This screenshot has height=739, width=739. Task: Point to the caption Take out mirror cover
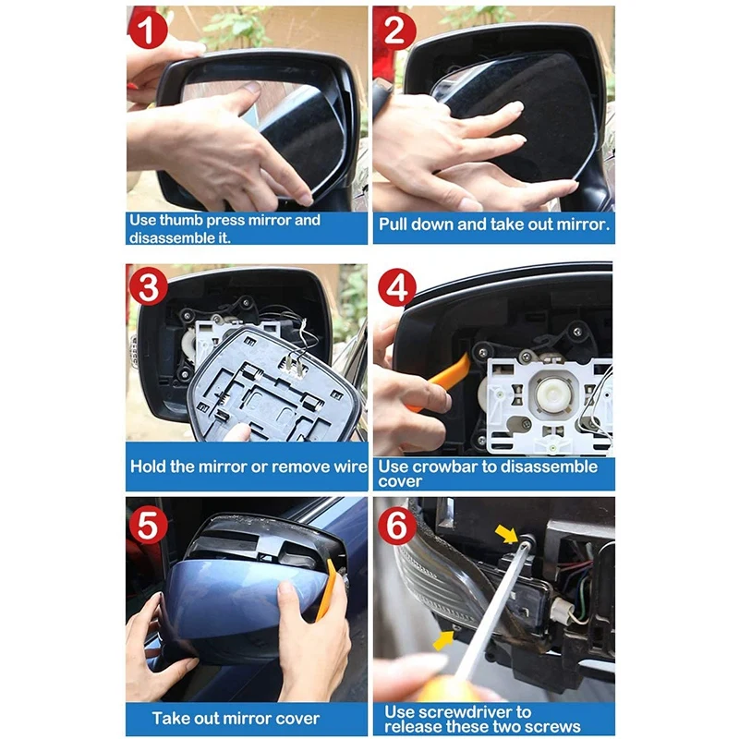tap(236, 718)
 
